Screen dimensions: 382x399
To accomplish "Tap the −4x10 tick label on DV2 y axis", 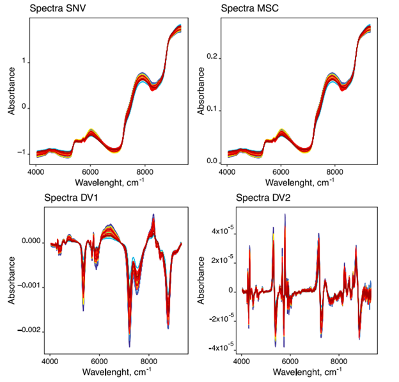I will tap(219, 347).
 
